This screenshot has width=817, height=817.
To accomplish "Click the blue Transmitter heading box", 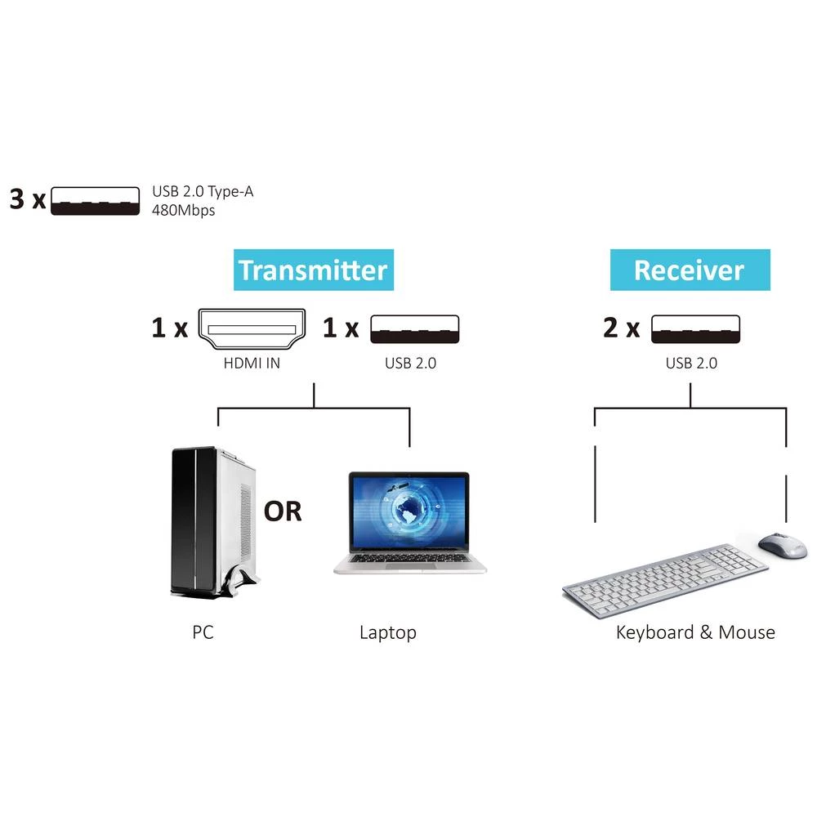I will pyautogui.click(x=313, y=270).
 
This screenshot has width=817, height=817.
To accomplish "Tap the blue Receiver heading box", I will pyautogui.click(x=690, y=270).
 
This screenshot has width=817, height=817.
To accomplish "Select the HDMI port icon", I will pyautogui.click(x=252, y=328).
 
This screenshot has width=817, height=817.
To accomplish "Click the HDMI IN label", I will pyautogui.click(x=252, y=364).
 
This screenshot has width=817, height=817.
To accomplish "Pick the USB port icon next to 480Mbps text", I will pyautogui.click(x=96, y=199).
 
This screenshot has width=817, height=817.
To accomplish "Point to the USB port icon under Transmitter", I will pyautogui.click(x=415, y=328).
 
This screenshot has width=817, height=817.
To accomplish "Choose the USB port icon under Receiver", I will pyautogui.click(x=695, y=328).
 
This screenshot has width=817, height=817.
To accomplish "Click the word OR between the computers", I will pyautogui.click(x=283, y=511).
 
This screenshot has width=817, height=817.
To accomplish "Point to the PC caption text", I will pyautogui.click(x=203, y=632).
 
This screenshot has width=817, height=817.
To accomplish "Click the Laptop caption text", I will pyautogui.click(x=388, y=632).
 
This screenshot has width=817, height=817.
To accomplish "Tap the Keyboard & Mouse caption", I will pyautogui.click(x=695, y=632).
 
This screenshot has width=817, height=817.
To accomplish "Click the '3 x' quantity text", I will pyautogui.click(x=28, y=199).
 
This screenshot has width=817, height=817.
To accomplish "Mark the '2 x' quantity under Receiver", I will pyautogui.click(x=621, y=328).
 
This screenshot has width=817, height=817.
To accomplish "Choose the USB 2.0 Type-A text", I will pyautogui.click(x=208, y=193).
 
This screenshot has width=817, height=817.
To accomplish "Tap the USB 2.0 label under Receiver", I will pyautogui.click(x=691, y=364).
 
